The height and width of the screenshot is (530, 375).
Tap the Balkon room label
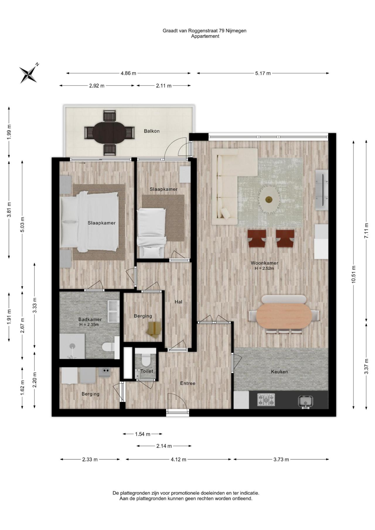(152, 131)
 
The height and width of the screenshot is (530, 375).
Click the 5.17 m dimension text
(263, 73)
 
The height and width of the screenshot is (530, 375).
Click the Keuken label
(279, 372)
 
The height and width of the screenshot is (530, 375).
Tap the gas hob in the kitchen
(266, 400)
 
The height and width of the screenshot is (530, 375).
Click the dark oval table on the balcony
(110, 133)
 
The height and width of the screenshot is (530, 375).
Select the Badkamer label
(90, 319)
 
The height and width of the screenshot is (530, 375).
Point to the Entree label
(188, 383)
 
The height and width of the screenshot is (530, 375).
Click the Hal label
(178, 302)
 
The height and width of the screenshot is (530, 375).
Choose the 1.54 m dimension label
(143, 434)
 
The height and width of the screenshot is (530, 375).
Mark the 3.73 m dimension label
(281, 459)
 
